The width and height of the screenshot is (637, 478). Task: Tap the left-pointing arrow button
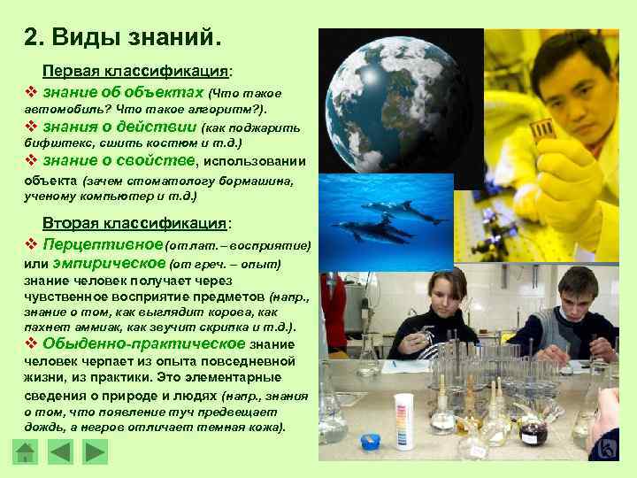pos(60,453)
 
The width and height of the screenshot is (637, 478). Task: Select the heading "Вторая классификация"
pos(135,224)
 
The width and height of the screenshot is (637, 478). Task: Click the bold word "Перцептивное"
pos(103,243)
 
